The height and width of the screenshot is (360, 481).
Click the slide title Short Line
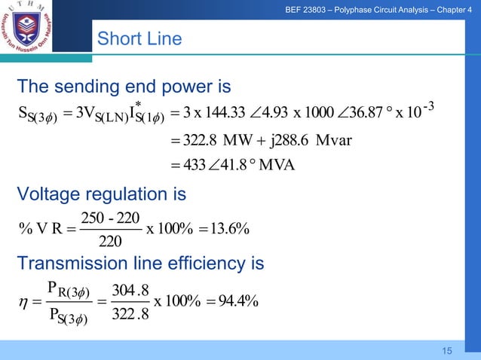pos(140,38)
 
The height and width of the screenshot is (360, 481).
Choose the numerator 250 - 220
pos(112,215)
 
